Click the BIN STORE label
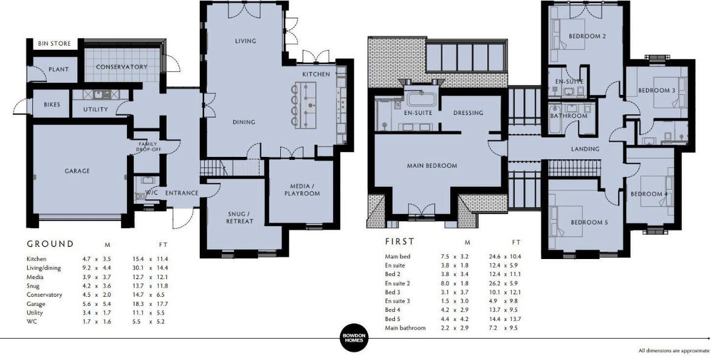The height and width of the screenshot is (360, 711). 55,44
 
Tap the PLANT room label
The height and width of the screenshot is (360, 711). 58,69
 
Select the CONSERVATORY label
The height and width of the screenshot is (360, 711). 122,67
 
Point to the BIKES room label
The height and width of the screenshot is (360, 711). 52,105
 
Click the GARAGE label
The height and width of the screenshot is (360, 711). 77,171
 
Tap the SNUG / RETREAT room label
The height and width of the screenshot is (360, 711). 240,218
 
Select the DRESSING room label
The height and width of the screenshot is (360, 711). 469,112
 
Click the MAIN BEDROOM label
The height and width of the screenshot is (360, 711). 431,165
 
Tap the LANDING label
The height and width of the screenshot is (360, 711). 585,149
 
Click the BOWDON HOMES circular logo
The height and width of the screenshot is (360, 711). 354,337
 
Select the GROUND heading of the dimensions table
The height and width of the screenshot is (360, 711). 50,244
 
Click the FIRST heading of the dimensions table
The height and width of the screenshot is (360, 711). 399,241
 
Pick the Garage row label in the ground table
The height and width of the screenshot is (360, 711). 36,304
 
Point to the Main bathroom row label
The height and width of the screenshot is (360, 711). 405,328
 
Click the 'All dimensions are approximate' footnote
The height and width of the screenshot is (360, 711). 674,351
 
